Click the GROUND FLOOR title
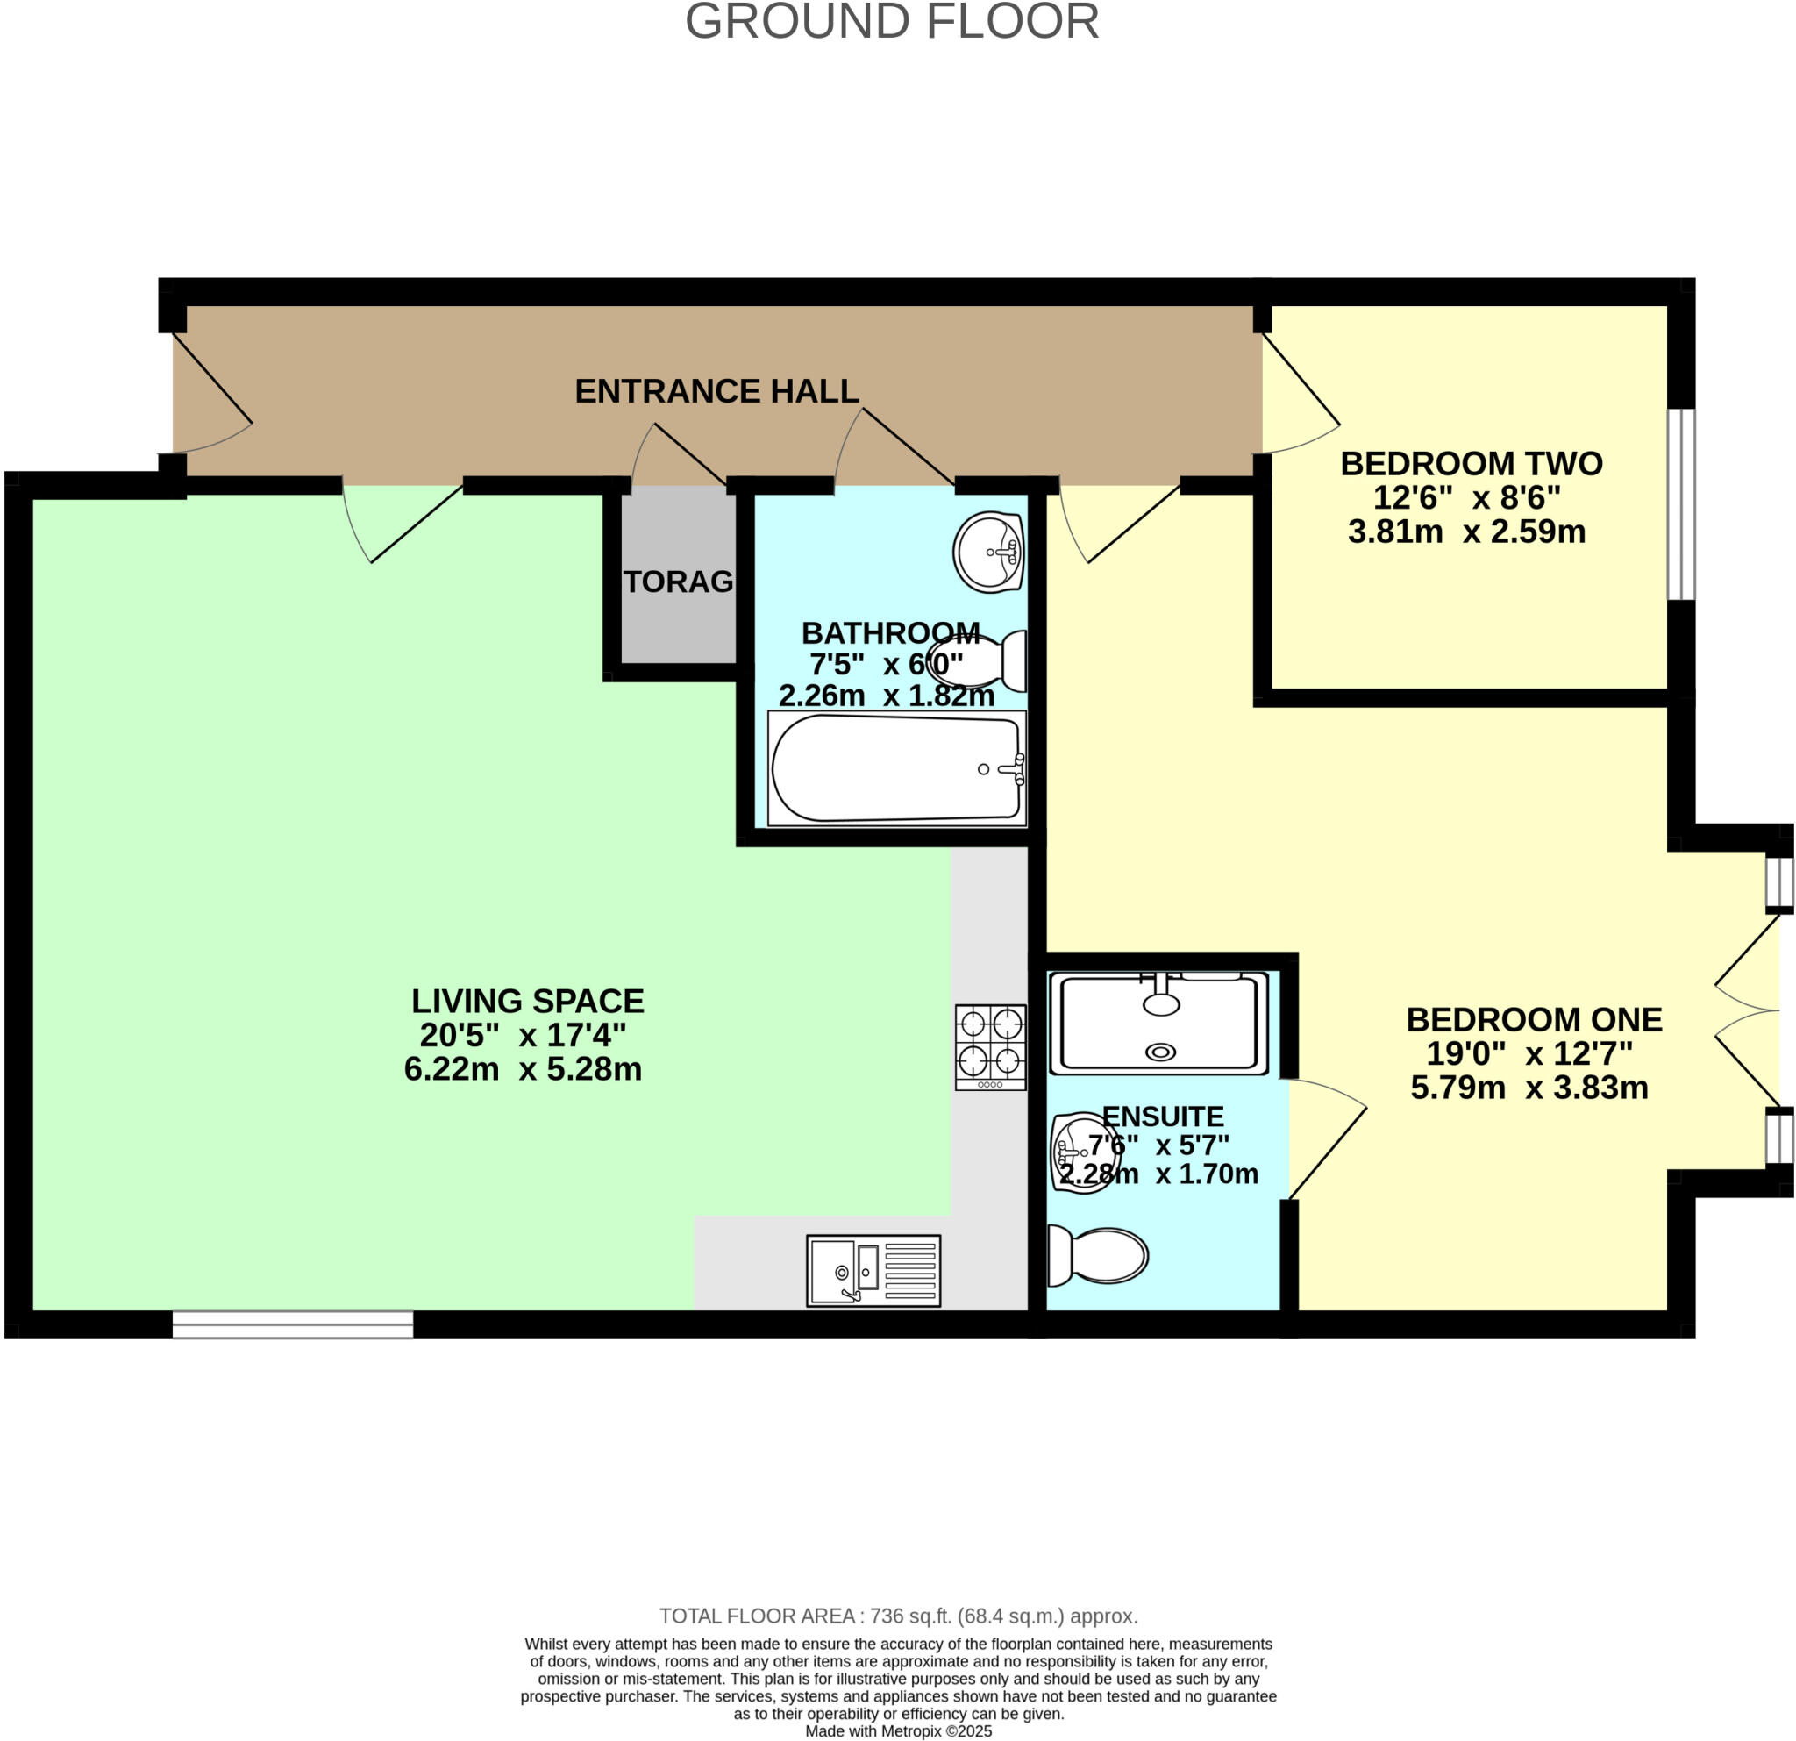point(892,22)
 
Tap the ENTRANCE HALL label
point(716,391)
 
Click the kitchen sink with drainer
point(873,1270)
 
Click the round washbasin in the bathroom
point(987,553)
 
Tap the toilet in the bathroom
point(979,660)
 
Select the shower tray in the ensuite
point(1160,1023)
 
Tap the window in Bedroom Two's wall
point(1680,504)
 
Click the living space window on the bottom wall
point(292,1324)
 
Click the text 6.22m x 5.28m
point(523,1069)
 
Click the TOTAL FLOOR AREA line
point(898,1616)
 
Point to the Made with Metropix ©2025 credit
point(898,1731)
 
